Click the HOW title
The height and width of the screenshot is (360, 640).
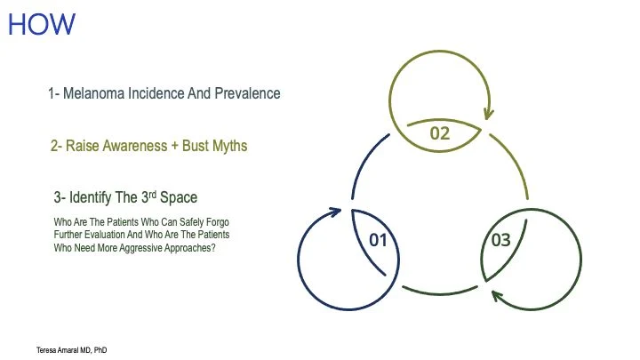click(42, 25)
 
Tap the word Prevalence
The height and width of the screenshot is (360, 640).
click(247, 93)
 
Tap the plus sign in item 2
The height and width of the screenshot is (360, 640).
click(175, 146)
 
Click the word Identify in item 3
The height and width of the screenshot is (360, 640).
click(90, 197)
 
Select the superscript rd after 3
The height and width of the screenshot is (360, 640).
click(152, 195)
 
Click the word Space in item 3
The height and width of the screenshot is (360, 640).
click(179, 198)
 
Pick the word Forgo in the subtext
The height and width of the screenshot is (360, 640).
click(218, 222)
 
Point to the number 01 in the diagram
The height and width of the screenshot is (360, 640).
click(378, 240)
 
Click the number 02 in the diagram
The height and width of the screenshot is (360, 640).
click(440, 133)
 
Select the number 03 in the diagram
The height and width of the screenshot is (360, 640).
click(500, 240)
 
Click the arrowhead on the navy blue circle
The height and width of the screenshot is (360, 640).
click(335, 212)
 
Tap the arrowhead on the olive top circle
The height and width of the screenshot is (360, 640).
click(488, 114)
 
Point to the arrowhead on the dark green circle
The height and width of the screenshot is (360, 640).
click(496, 295)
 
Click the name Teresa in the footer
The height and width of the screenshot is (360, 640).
click(45, 350)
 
